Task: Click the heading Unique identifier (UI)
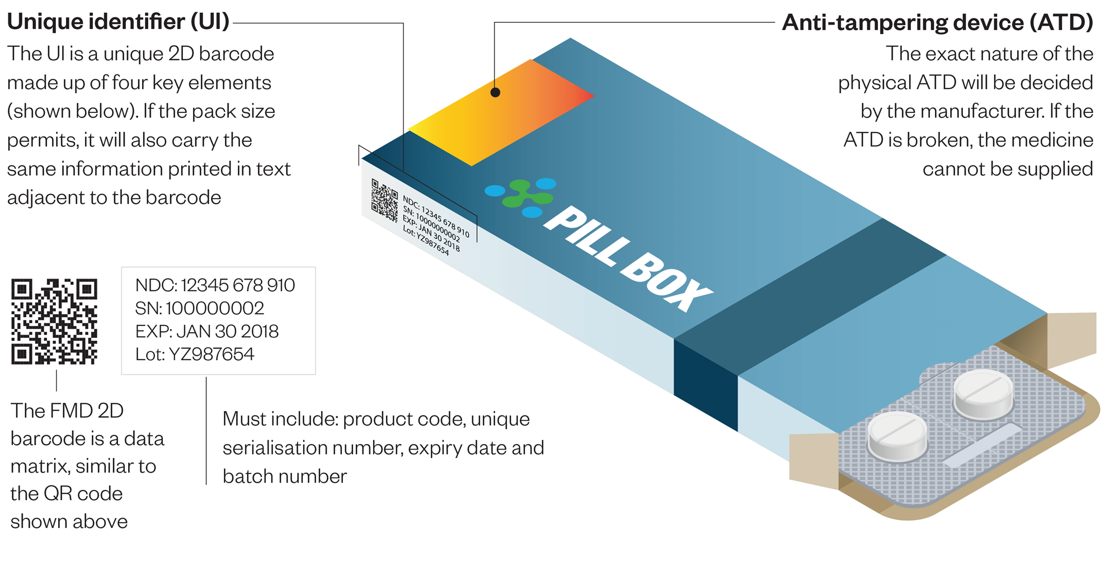(x=118, y=22)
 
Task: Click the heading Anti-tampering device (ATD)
(x=937, y=22)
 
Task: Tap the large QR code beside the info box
(x=54, y=322)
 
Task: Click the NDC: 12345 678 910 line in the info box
(x=215, y=285)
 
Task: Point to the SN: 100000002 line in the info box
(x=199, y=308)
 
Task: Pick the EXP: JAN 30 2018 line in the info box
(x=206, y=331)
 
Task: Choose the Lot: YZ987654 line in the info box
(x=194, y=354)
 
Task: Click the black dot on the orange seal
(x=495, y=92)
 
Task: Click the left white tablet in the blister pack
(x=897, y=436)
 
